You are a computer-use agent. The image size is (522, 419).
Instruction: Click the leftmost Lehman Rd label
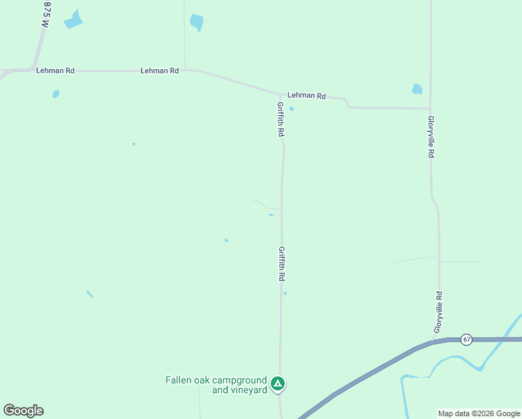coord(55,71)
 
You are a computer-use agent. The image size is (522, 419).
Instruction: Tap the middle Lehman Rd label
coord(159,71)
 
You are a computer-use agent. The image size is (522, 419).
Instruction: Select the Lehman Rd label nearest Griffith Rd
coord(306,96)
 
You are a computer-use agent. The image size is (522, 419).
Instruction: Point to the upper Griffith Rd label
coord(281,119)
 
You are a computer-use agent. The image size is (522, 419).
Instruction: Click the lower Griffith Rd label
coord(281,263)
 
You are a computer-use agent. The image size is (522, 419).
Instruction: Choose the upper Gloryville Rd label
coord(431,137)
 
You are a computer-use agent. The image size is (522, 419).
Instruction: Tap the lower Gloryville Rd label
coord(438,312)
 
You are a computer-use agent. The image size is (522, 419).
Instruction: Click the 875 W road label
coord(47,15)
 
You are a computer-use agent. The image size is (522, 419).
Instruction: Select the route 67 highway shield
coord(467,339)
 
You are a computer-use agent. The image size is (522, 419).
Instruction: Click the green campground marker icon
coord(278,383)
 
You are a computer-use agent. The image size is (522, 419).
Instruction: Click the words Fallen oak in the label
coord(188,380)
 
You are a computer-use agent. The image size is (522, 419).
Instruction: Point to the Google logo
coord(24,411)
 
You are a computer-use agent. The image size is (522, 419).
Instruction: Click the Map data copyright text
coord(479,413)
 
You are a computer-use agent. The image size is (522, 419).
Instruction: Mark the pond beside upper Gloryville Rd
coord(417,89)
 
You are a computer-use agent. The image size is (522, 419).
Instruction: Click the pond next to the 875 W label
coord(73,20)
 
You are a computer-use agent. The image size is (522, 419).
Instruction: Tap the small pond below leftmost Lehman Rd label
coord(56,94)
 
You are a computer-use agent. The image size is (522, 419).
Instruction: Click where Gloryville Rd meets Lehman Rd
coord(430,108)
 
